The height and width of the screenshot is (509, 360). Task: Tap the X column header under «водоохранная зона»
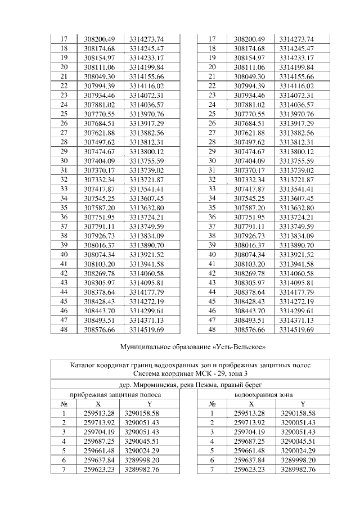251,404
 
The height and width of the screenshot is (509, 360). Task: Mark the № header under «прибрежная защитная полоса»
64,404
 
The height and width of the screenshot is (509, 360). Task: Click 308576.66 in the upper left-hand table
100,328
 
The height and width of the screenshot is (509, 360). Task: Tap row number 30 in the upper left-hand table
64,161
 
